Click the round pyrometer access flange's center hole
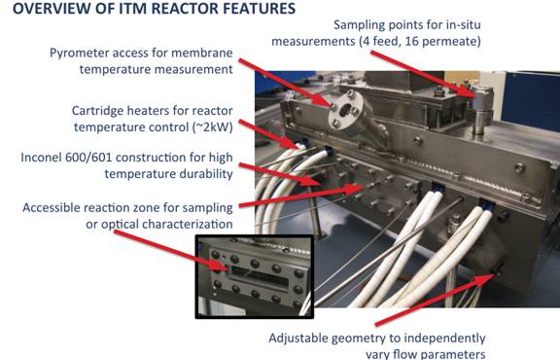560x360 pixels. [x=344, y=111]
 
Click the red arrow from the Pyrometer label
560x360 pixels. [x=287, y=83]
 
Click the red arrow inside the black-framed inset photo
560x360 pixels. [x=172, y=250]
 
